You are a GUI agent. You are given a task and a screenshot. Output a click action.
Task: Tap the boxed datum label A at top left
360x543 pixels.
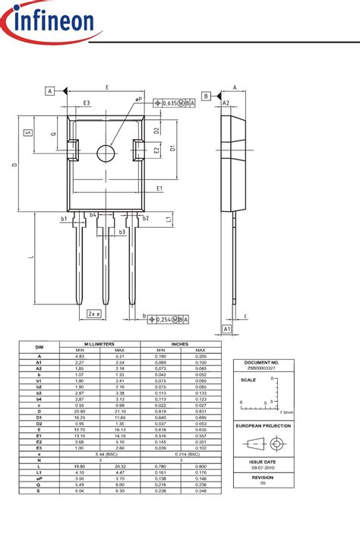point(51,91)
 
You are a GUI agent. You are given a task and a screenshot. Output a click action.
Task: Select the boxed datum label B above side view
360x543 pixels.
point(206,96)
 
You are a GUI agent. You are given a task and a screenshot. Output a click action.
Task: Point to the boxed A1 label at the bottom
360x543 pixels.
point(227,328)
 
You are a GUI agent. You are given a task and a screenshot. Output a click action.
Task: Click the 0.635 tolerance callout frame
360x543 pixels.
point(174,103)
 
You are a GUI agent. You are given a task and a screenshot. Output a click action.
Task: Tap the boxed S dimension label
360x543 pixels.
point(28,132)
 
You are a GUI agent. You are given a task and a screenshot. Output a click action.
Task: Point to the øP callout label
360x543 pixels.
point(138,99)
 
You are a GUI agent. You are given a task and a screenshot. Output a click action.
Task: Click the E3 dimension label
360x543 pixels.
point(87,103)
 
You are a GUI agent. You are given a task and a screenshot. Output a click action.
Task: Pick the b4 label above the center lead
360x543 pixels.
point(93,215)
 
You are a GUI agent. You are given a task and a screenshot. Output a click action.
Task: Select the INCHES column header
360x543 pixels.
point(181,343)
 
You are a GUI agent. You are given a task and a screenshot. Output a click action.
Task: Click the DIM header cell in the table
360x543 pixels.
point(39,346)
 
